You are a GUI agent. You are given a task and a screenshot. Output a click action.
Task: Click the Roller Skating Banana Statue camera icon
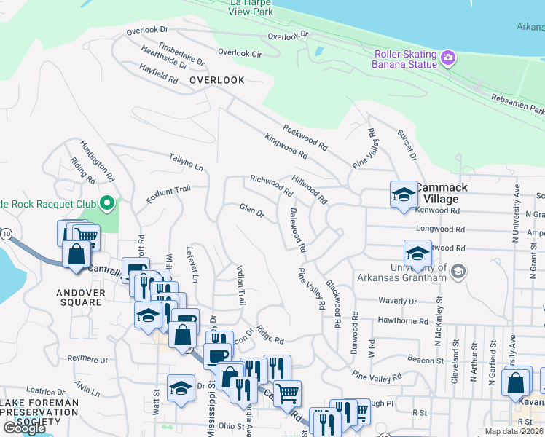(x=448, y=57)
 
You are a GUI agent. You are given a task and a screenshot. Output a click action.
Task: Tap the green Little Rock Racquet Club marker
(x=107, y=202)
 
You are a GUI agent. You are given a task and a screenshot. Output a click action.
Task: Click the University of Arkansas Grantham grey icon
(x=458, y=271)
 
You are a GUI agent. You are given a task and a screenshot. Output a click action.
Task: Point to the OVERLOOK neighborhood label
(x=216, y=80)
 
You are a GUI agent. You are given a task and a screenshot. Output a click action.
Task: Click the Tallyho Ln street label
(x=186, y=162)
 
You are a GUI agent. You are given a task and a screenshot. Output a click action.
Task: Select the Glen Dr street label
(x=251, y=210)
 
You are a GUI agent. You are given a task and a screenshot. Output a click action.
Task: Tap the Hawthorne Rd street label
(x=403, y=320)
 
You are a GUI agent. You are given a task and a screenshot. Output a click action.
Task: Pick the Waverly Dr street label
(x=397, y=301)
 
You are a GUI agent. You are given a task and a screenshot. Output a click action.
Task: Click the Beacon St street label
(x=426, y=361)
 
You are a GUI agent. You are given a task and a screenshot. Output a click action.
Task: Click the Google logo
(x=24, y=428)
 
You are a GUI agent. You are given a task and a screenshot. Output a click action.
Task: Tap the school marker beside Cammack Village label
(x=403, y=194)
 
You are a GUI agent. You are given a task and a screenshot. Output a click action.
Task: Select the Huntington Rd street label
(x=97, y=161)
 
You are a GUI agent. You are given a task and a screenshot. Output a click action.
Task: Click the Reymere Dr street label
(x=87, y=359)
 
